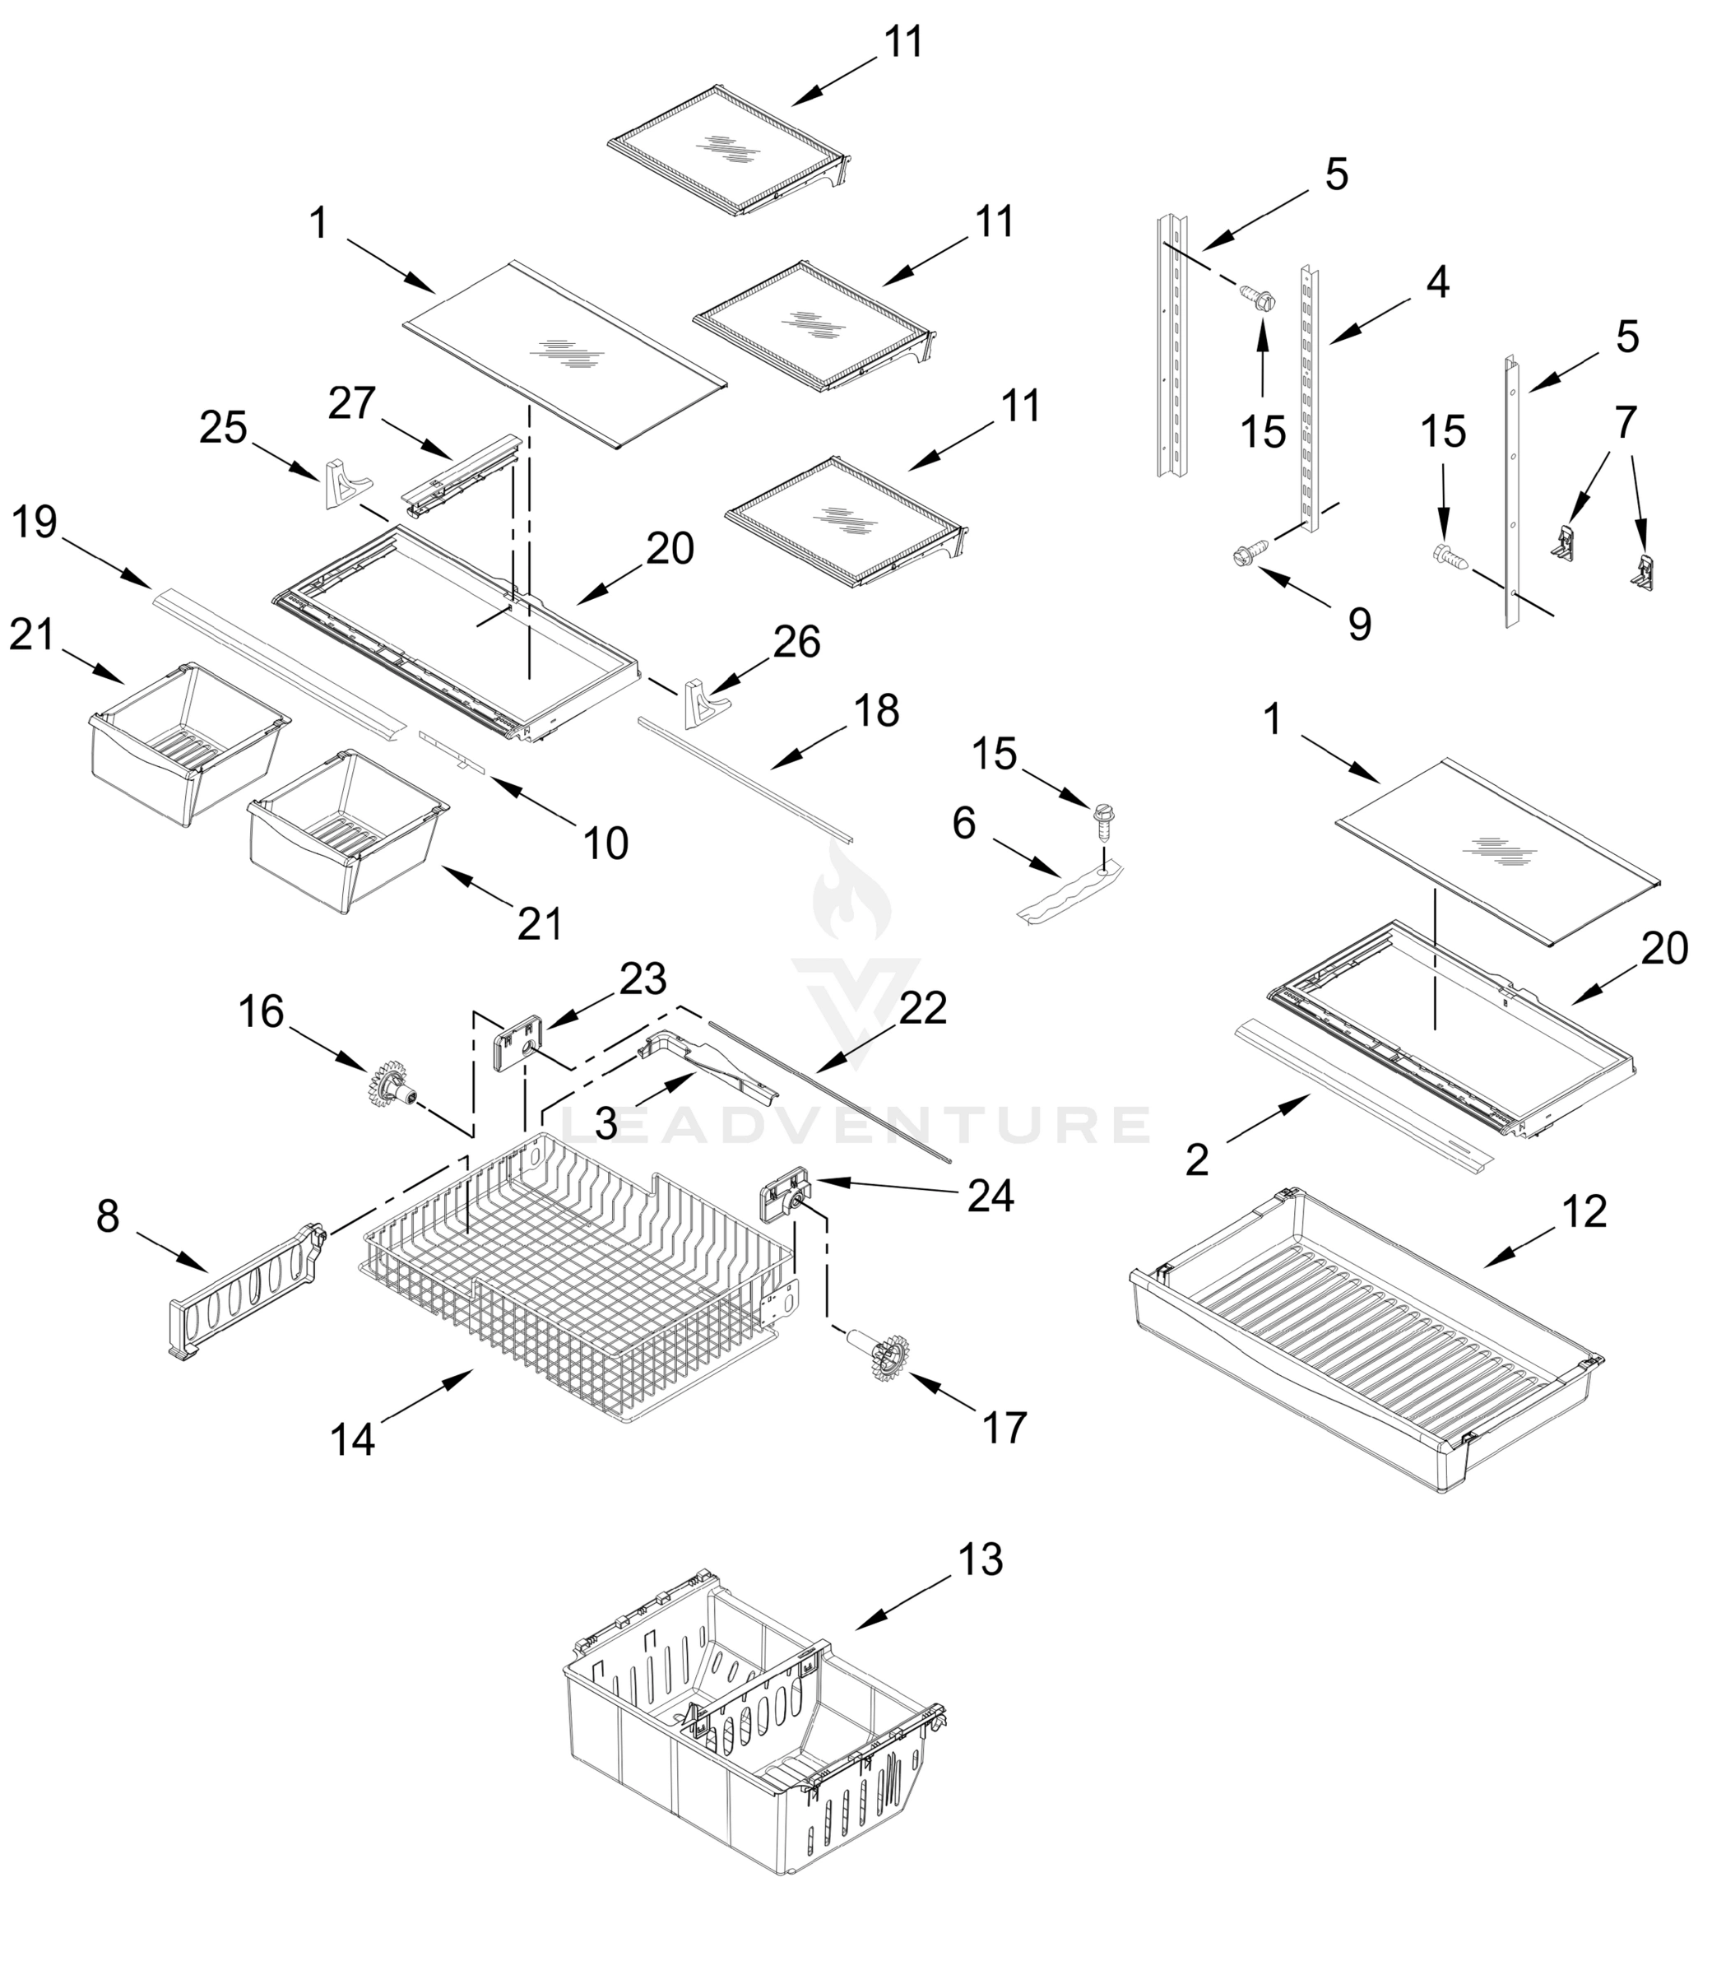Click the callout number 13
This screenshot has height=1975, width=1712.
click(980, 1559)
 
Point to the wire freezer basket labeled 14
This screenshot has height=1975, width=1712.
click(573, 1271)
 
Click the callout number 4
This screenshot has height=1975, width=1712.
click(1437, 283)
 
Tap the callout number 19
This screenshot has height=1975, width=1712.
click(35, 523)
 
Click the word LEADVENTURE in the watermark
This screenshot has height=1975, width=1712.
click(855, 1125)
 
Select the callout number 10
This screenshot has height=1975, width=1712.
click(605, 843)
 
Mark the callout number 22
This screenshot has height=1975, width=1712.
click(923, 1008)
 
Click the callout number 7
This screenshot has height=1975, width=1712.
click(1626, 422)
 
